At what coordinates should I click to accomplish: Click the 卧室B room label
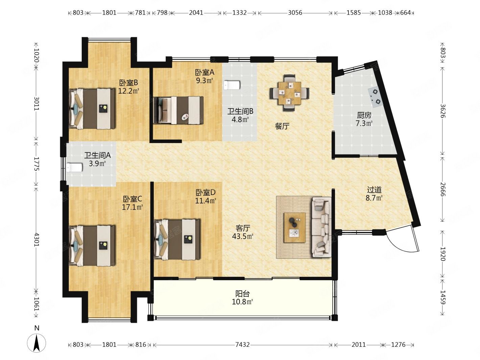tap(128, 83)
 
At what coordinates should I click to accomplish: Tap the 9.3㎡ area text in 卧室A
tap(204, 81)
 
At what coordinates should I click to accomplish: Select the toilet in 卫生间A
tap(74, 167)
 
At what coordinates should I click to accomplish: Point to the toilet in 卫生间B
tap(232, 85)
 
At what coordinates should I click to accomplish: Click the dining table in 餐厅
tap(289, 93)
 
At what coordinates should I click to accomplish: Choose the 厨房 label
tap(364, 115)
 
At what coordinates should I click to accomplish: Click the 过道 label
tap(374, 190)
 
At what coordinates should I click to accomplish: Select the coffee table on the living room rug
tap(294, 227)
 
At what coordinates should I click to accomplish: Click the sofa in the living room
tap(321, 227)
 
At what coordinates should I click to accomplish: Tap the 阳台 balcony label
tap(242, 293)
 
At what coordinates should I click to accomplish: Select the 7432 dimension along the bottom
tap(242, 344)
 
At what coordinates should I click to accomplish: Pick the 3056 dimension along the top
tap(295, 13)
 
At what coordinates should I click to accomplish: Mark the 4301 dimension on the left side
tap(37, 240)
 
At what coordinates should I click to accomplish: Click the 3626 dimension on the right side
tap(442, 111)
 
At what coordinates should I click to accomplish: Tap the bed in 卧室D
tap(177, 239)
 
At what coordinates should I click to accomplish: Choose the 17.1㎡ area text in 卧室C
tap(132, 207)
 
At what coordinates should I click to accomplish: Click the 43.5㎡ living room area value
tap(242, 236)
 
